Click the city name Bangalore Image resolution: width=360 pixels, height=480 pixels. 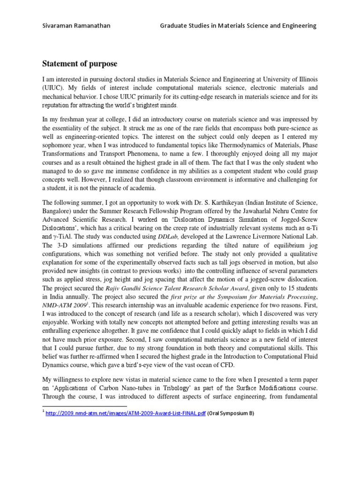pos(58,212)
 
